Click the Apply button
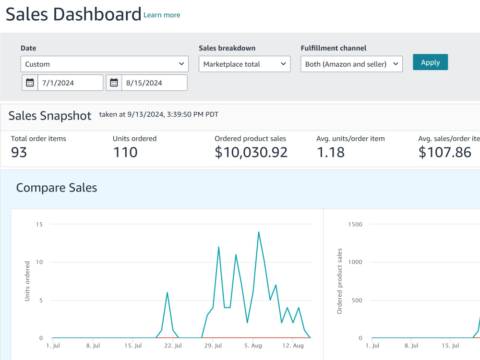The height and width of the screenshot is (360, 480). (x=430, y=62)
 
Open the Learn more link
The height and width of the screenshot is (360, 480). (x=162, y=15)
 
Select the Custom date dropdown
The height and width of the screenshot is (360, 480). (x=105, y=64)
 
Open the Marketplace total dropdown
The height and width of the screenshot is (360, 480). (x=245, y=64)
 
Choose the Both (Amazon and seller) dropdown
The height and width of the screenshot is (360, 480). (x=351, y=64)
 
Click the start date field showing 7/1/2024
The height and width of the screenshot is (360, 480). (x=70, y=83)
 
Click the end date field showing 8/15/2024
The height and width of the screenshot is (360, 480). (x=154, y=83)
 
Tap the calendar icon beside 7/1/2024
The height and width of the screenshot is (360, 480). (x=30, y=83)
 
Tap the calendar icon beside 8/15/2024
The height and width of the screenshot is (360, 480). (x=114, y=83)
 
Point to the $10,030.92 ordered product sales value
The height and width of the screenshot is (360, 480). (x=251, y=153)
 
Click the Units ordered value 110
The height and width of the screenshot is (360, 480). (x=125, y=153)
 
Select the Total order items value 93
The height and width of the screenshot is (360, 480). (x=19, y=153)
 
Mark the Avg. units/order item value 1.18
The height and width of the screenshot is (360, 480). (x=331, y=153)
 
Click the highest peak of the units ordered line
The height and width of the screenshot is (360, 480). (x=259, y=232)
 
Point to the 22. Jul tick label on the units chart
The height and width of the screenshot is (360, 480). (x=173, y=346)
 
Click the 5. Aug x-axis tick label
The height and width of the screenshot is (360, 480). (x=253, y=346)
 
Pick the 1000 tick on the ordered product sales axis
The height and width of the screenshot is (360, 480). (x=355, y=262)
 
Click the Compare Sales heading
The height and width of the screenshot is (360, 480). (x=57, y=188)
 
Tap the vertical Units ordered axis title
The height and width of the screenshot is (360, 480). (x=27, y=281)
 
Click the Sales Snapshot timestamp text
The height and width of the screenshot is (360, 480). (x=158, y=115)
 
